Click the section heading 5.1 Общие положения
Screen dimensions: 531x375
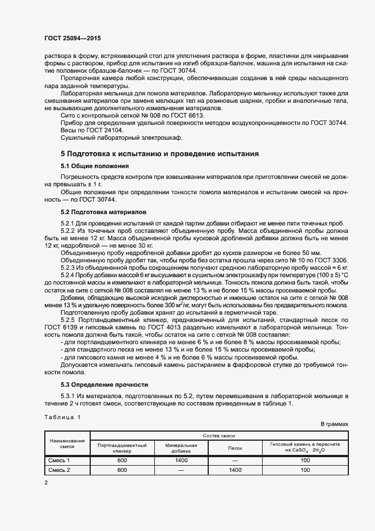point(94,166)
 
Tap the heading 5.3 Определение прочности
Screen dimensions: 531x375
point(104,384)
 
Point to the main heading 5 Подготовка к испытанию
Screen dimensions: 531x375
point(159,153)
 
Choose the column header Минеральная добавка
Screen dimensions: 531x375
point(181,448)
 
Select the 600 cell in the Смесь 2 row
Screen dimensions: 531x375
point(122,470)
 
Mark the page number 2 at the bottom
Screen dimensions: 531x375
point(46,483)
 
